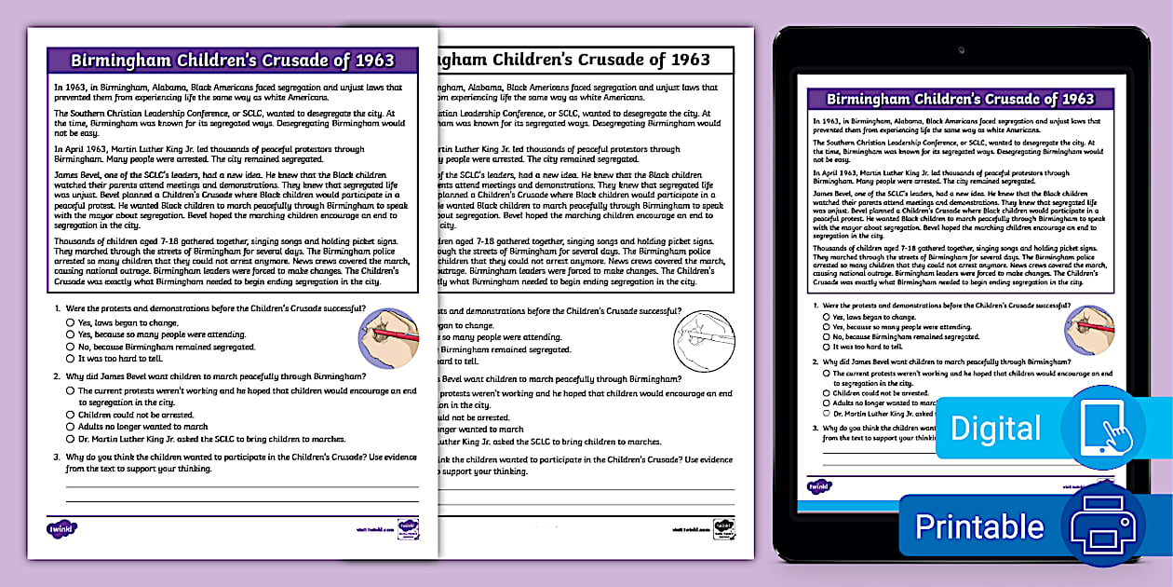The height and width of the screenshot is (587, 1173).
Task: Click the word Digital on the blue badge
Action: click(x=995, y=428)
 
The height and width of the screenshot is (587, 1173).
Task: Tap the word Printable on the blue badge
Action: click(x=978, y=526)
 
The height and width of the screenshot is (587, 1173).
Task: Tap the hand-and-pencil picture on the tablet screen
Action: click(x=1090, y=331)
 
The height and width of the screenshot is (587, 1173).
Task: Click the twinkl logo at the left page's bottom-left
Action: click(x=61, y=528)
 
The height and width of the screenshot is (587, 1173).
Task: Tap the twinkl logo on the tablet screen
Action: click(x=819, y=485)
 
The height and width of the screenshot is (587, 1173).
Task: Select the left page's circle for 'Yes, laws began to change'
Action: click(x=71, y=322)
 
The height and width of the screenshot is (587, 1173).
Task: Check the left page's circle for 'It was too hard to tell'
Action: click(x=71, y=358)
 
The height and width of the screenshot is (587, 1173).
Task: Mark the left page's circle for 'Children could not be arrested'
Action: click(x=71, y=415)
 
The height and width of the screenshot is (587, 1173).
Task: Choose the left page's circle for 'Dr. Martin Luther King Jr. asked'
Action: click(x=71, y=439)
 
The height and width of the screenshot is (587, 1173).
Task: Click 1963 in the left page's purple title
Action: click(x=373, y=61)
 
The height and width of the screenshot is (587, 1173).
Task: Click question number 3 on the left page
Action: click(x=57, y=457)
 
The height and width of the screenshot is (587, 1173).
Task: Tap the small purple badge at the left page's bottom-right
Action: click(x=408, y=529)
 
